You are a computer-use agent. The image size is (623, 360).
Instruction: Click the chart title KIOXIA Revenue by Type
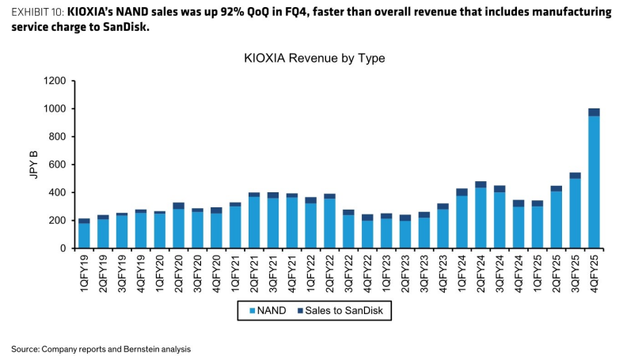(314, 58)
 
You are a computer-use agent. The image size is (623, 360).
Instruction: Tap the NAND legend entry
(268, 310)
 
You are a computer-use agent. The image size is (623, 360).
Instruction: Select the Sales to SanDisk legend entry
(340, 310)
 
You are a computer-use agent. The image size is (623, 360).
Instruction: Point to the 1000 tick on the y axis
(55, 108)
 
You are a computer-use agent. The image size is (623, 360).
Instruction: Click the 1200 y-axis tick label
(55, 81)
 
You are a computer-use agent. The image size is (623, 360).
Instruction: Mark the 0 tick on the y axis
(63, 248)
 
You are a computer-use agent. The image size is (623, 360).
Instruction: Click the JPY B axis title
(34, 165)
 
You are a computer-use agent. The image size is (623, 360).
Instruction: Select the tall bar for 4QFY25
(594, 179)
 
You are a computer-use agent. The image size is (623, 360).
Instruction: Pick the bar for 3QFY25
(575, 210)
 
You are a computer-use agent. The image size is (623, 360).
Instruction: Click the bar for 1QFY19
(84, 233)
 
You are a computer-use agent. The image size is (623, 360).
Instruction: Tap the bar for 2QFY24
(481, 215)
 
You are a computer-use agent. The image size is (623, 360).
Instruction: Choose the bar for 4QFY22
(367, 231)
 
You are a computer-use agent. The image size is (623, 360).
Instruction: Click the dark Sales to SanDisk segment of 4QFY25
(594, 112)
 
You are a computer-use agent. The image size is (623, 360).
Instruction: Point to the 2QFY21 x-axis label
(254, 274)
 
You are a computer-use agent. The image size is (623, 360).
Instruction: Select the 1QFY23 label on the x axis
(386, 274)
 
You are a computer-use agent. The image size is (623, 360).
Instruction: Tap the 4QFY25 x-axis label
(594, 274)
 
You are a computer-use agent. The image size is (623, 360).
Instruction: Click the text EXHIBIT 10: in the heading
(37, 13)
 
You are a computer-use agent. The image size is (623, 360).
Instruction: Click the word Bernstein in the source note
(141, 349)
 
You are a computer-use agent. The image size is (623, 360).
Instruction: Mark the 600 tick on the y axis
(58, 165)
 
